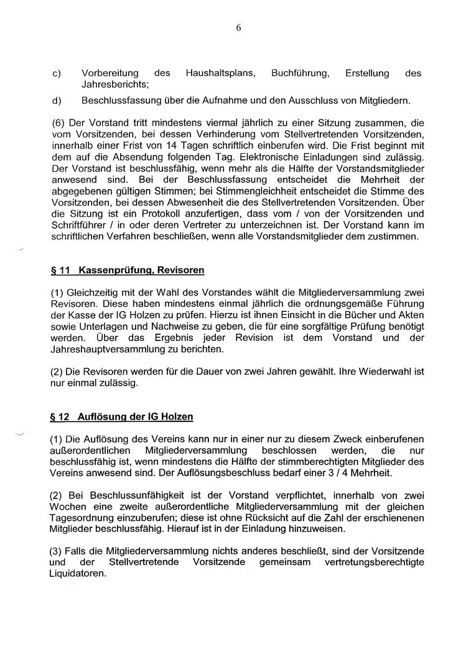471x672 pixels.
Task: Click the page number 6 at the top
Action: pyautogui.click(x=238, y=27)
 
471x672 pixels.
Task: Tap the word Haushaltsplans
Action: pyautogui.click(x=220, y=73)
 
